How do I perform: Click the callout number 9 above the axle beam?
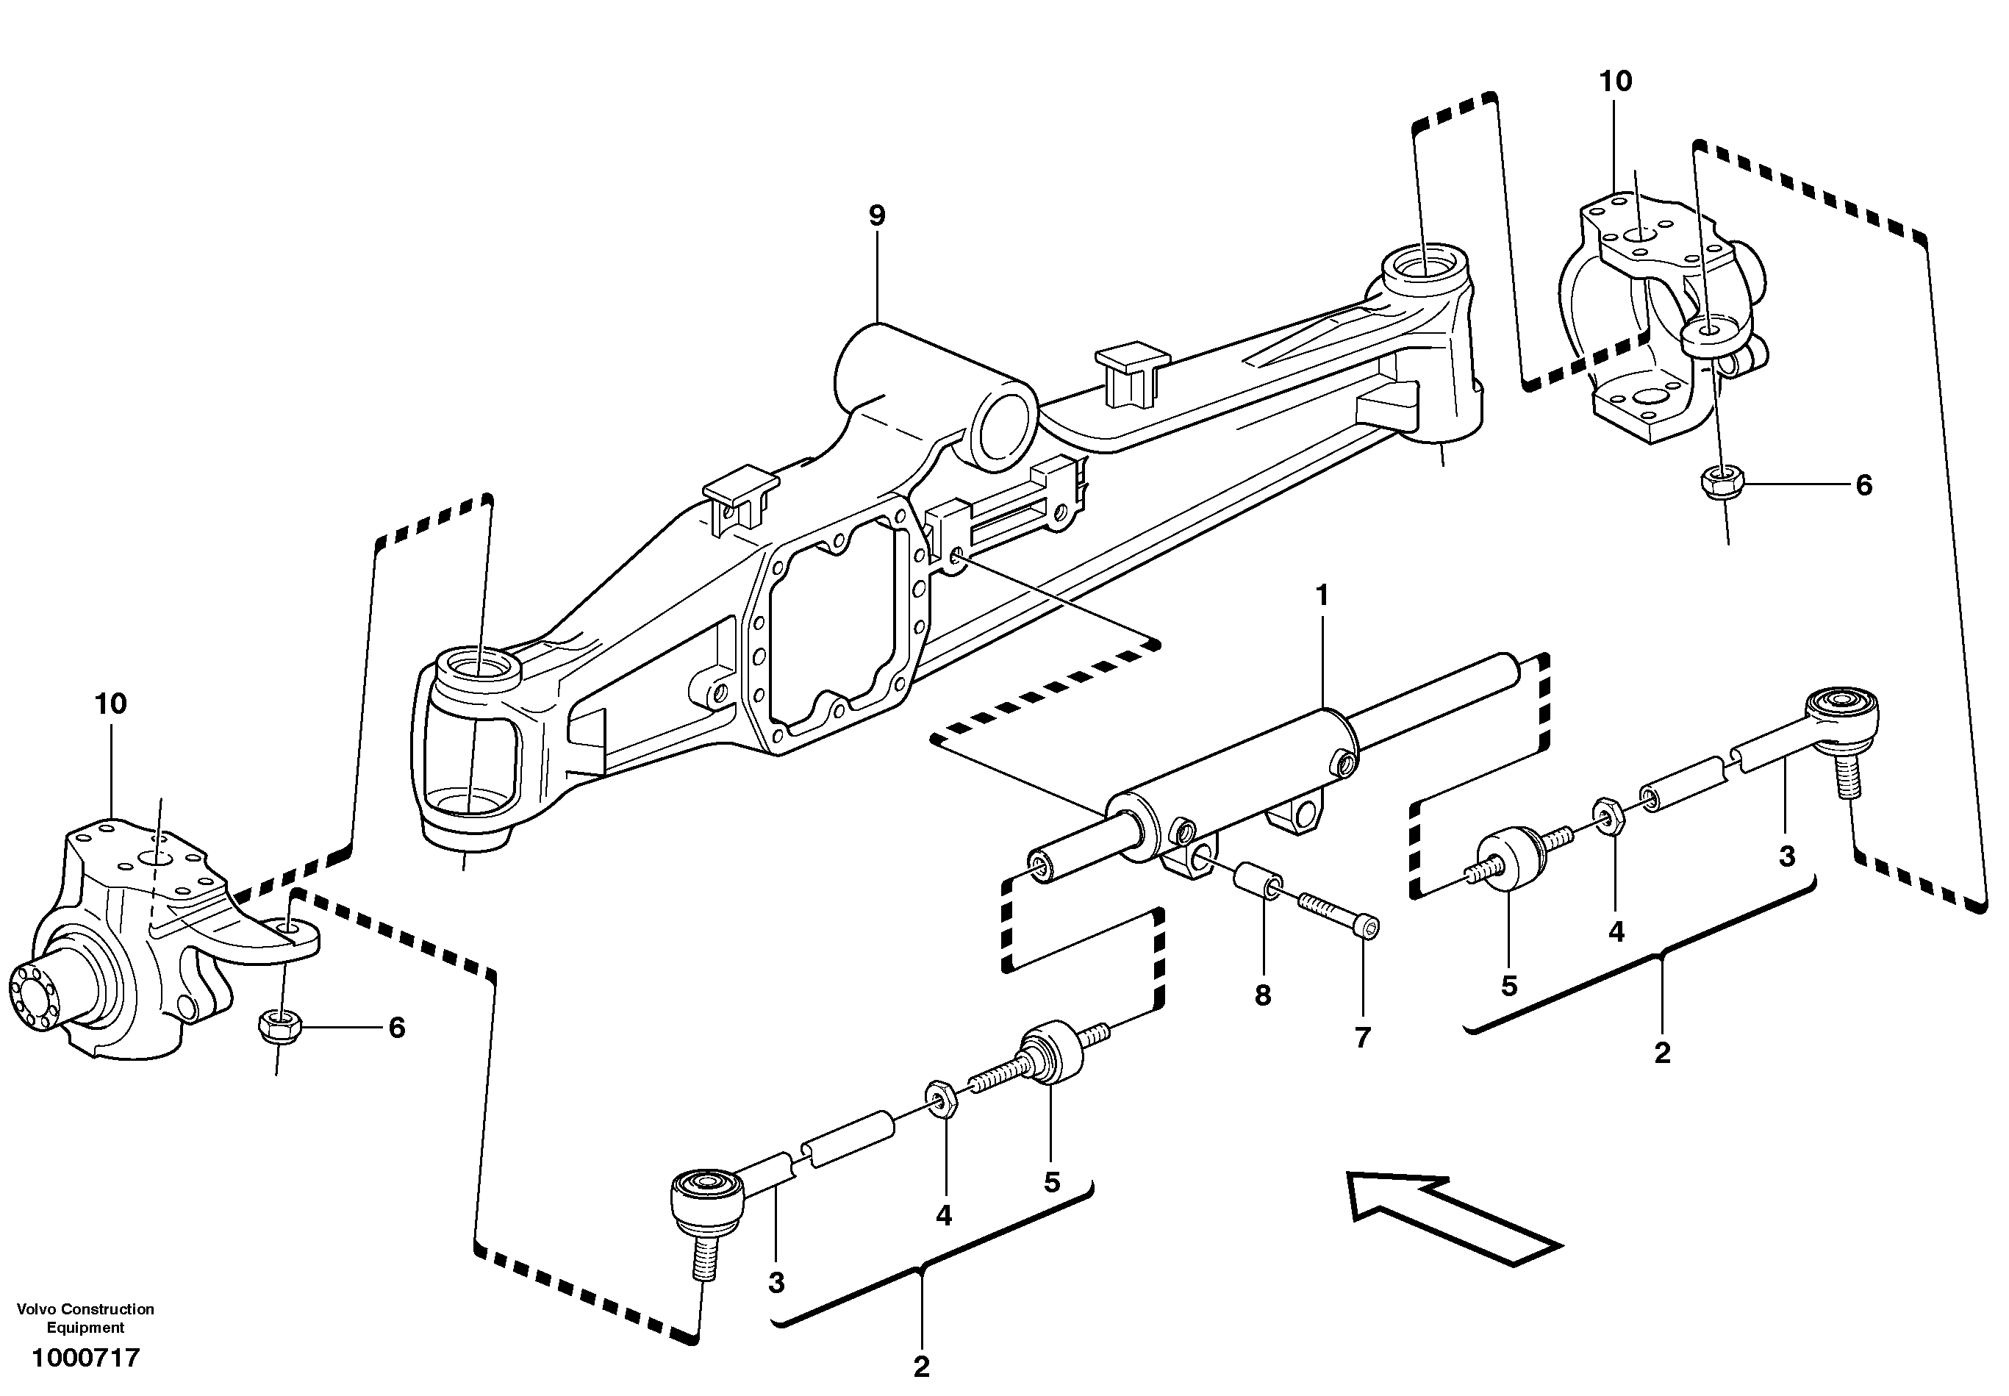[x=876, y=215]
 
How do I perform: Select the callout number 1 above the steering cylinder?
[x=1322, y=595]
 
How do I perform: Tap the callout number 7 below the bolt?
[x=1362, y=1037]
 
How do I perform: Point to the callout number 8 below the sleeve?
[x=1262, y=995]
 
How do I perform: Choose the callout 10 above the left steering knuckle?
[x=111, y=704]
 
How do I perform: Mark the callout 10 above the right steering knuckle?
[x=1616, y=82]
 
